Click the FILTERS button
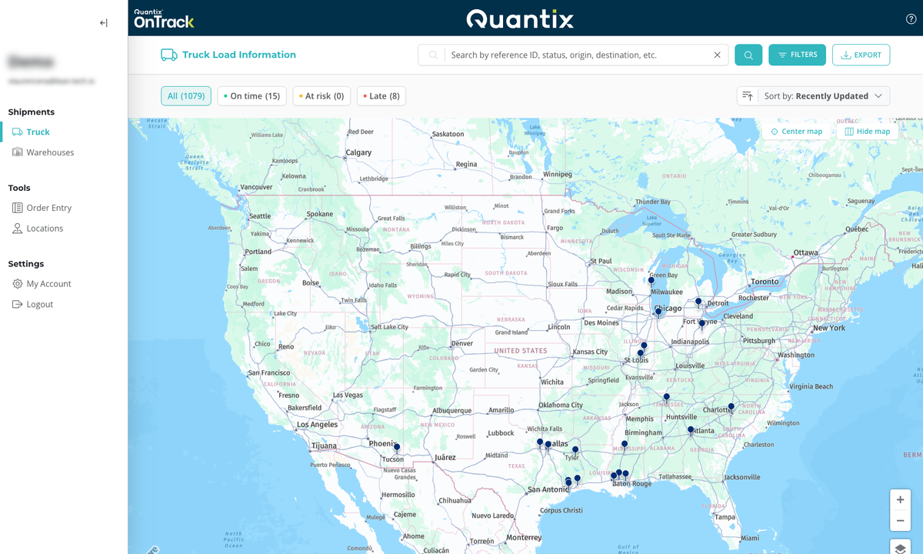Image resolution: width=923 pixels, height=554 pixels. pos(797,55)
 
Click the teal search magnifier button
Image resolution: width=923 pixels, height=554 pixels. pos(748,55)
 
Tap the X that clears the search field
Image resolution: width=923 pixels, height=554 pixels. pos(717,55)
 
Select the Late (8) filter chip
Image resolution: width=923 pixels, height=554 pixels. pos(382,96)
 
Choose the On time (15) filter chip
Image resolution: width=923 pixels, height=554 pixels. pos(252,96)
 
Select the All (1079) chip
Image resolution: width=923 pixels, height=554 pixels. pos(185,96)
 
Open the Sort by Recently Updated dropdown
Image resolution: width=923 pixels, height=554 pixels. pos(813,96)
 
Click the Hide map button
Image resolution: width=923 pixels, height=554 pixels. pos(867,132)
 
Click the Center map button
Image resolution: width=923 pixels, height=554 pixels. pos(796,132)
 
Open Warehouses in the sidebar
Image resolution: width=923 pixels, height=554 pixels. pos(50,152)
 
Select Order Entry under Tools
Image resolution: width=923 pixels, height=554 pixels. pos(48,208)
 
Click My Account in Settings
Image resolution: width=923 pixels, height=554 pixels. pos(48,284)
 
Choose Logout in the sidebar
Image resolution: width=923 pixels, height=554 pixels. pos(39,304)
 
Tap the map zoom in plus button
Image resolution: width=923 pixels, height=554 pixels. pos(900,499)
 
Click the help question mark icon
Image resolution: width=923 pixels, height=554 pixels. pos(911,19)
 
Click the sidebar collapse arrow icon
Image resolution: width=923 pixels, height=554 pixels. pos(103,23)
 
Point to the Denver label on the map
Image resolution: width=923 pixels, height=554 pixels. pos(462,343)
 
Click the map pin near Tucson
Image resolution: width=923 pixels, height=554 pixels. pos(397,447)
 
